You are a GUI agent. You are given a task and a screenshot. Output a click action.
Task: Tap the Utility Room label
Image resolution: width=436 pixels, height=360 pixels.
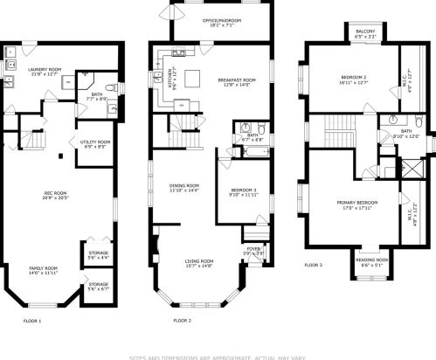click(95, 142)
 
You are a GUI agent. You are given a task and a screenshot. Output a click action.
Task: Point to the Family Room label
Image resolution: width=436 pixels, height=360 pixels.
click(44, 267)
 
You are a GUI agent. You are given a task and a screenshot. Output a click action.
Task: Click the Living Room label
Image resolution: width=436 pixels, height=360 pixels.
click(200, 260)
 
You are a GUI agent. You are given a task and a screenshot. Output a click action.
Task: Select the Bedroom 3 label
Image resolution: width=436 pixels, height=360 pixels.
click(244, 190)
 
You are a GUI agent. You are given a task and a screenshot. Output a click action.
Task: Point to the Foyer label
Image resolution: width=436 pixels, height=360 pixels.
click(253, 249)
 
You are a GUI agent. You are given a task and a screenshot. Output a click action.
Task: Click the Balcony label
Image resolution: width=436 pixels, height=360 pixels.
click(365, 32)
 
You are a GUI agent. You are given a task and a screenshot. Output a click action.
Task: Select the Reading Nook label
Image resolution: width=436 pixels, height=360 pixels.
click(370, 260)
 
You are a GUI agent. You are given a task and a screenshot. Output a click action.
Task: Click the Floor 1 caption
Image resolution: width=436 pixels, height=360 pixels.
click(31, 321)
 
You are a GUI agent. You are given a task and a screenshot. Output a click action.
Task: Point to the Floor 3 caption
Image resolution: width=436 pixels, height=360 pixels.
click(313, 265)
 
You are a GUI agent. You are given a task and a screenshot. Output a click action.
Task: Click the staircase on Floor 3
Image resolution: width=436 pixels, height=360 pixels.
click(336, 135)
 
